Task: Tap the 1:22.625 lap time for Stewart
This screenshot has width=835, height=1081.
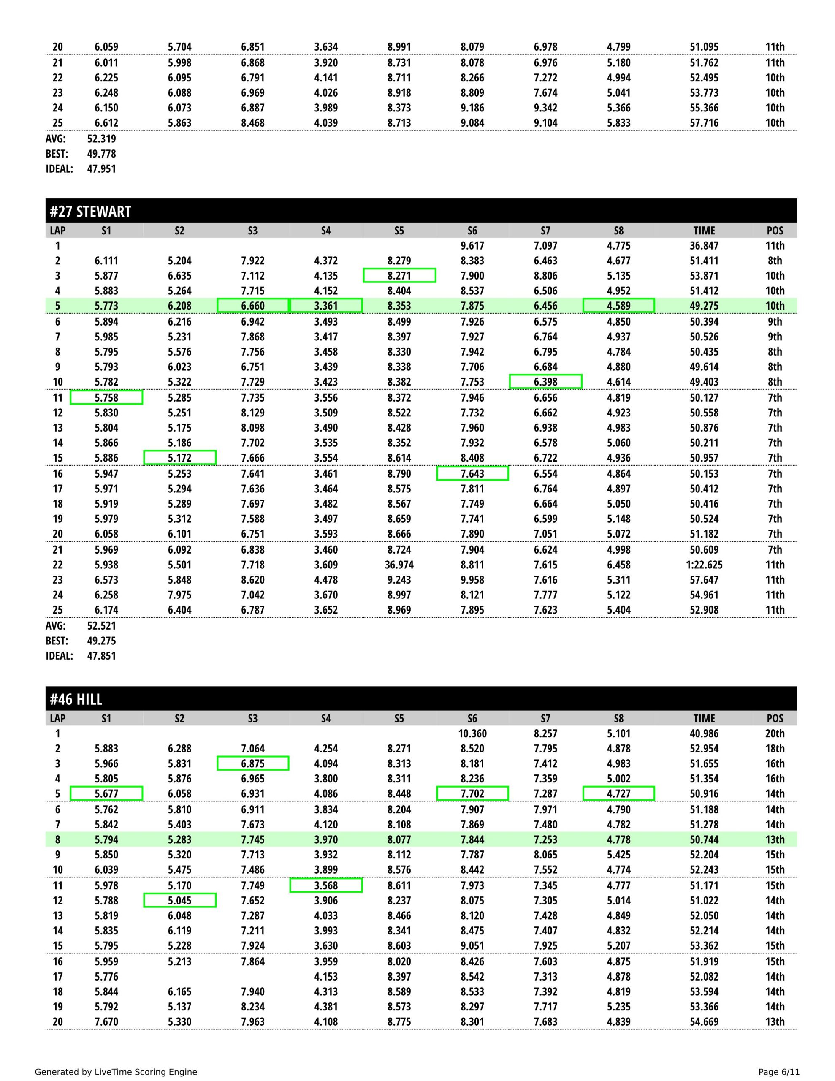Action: click(x=704, y=565)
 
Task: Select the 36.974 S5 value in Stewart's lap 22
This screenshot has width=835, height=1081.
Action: click(x=399, y=565)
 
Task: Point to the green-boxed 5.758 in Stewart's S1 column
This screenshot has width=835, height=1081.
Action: click(x=106, y=397)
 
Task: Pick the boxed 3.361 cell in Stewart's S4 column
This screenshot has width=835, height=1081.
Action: click(x=326, y=306)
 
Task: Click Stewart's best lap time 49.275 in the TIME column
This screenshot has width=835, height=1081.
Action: click(x=704, y=306)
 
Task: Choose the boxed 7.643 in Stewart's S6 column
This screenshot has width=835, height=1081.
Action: click(x=472, y=474)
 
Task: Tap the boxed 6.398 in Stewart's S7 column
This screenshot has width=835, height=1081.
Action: click(x=545, y=382)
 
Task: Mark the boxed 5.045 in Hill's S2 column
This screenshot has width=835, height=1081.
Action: click(x=180, y=900)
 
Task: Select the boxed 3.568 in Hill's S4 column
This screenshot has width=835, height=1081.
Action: click(x=326, y=885)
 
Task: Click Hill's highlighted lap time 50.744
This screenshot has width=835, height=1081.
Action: click(x=704, y=839)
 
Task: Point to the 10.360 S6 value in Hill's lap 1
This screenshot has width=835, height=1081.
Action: click(x=472, y=733)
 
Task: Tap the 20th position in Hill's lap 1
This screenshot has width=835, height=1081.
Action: click(x=775, y=733)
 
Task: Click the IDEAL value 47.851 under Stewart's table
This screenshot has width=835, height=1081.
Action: click(x=101, y=656)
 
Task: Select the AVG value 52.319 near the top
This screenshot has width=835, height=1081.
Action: click(x=101, y=139)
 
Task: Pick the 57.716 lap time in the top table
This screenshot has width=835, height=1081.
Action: click(x=704, y=123)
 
